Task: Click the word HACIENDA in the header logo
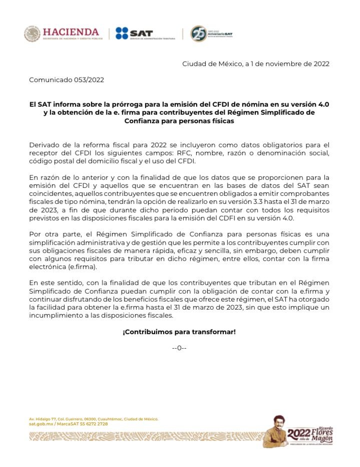(71, 32)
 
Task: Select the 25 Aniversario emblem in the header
(199, 34)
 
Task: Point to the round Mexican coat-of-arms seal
(32, 34)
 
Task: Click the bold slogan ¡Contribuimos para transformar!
(179, 332)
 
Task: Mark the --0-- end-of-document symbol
(179, 348)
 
